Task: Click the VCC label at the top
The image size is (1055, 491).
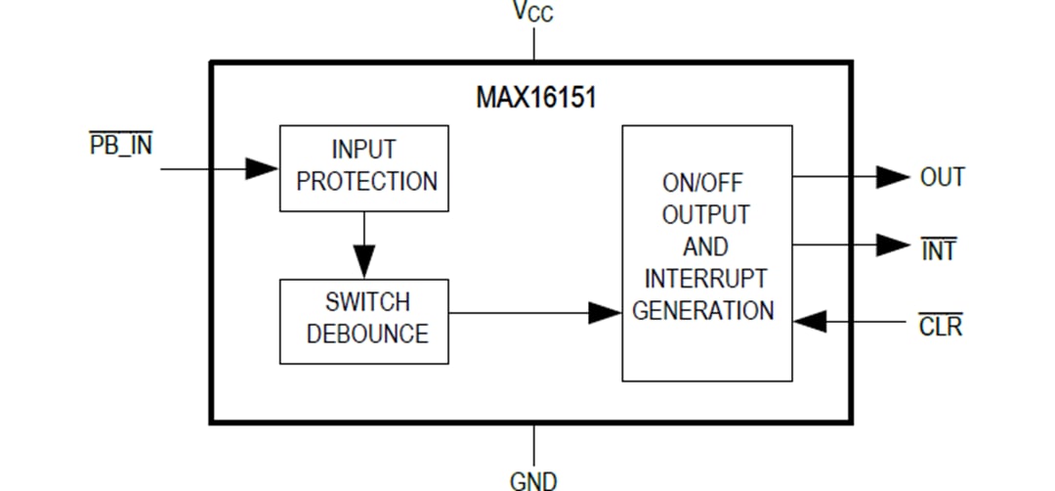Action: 533,13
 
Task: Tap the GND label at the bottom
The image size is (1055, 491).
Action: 533,479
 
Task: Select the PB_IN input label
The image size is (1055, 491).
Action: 121,147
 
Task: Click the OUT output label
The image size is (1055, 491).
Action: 942,177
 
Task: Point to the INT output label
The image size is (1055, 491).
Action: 939,250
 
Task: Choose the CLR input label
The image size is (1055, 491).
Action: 940,327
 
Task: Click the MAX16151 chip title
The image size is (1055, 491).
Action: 535,99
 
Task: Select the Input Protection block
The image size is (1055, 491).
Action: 364,167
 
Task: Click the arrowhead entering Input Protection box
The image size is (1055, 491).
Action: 262,168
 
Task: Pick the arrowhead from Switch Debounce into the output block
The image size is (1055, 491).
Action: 605,313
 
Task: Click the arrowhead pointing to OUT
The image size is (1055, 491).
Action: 892,177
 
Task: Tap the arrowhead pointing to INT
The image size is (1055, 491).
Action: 892,245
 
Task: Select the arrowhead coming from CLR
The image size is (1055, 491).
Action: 810,320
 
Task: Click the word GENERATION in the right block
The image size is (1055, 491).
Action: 703,311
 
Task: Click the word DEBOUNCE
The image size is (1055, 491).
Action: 367,335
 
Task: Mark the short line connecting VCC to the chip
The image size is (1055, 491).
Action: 533,44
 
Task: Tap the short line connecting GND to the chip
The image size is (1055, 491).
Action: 533,444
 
